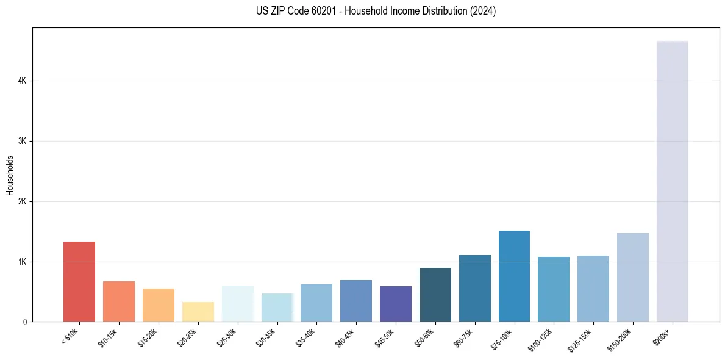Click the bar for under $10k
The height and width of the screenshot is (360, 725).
(x=79, y=282)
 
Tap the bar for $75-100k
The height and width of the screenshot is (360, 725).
(x=514, y=276)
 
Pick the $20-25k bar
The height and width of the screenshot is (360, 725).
(x=198, y=312)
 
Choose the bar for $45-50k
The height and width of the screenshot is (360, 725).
(x=395, y=304)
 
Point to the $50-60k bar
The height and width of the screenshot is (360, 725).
(x=435, y=295)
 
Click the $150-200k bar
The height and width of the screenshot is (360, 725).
(x=632, y=278)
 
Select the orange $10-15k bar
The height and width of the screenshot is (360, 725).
(x=119, y=301)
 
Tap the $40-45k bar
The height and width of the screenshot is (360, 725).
(x=355, y=301)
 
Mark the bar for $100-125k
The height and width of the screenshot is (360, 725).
(x=554, y=289)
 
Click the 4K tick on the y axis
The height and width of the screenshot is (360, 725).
(x=22, y=81)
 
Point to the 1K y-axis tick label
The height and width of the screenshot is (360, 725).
(x=22, y=262)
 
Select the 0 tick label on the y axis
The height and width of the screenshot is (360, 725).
(x=24, y=322)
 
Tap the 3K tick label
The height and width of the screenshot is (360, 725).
(x=22, y=141)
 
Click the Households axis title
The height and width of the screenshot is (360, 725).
(x=10, y=175)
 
